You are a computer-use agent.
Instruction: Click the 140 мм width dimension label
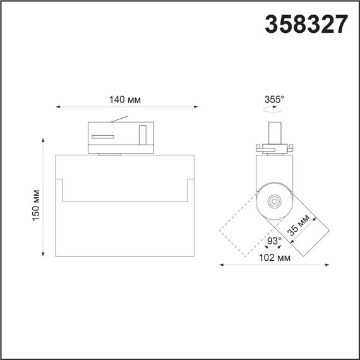[124, 99]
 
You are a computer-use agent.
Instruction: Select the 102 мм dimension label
[275, 257]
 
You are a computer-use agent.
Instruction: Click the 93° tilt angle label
[273, 241]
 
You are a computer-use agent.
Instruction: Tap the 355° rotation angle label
[275, 99]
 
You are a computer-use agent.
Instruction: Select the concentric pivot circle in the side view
[275, 201]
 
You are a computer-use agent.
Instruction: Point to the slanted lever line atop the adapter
[120, 119]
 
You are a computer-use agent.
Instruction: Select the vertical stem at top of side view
[274, 131]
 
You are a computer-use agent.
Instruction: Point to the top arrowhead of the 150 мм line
[44, 135]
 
